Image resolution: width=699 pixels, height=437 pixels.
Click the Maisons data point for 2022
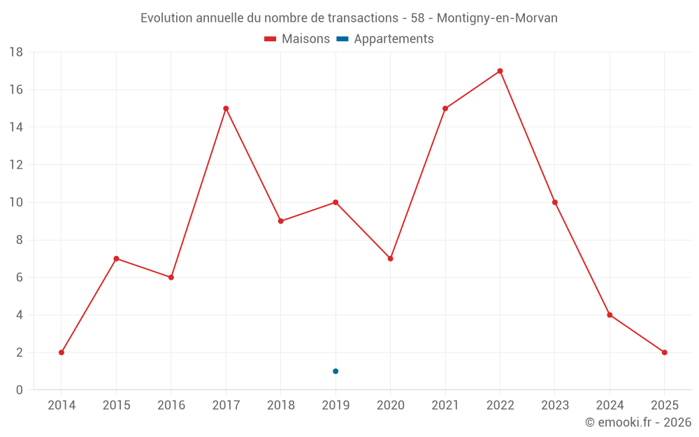coord(500,71)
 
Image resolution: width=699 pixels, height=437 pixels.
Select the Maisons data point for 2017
coord(226,108)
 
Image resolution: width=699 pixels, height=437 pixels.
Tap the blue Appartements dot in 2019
coord(336,371)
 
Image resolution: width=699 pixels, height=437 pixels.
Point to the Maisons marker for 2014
coord(62,352)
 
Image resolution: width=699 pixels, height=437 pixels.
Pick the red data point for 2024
coord(610,315)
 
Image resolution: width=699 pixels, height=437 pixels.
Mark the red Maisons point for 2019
coord(336,202)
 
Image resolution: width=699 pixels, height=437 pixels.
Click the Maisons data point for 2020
coord(390,259)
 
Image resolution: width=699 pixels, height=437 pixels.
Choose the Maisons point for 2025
coord(664,352)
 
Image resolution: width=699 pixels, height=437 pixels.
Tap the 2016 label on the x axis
coord(171,406)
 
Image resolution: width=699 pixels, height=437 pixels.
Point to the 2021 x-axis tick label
coord(445,406)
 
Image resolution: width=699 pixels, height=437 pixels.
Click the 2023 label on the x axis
coord(555,406)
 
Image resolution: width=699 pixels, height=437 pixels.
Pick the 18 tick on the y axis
coord(16,52)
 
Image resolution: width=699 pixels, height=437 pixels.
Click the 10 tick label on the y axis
coord(16,203)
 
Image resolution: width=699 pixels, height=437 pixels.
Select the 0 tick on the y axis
coord(20,390)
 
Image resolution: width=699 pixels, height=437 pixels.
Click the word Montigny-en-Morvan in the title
coord(497,18)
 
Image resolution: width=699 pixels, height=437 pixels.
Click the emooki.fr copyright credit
coord(638,422)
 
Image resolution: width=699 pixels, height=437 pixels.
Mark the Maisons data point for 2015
coord(116,259)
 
